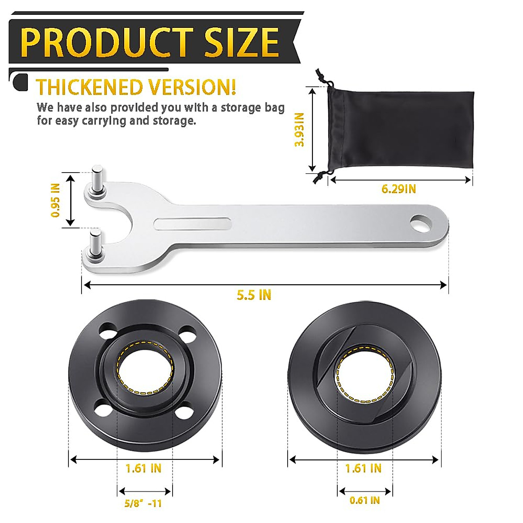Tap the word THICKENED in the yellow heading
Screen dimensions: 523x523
point(90,87)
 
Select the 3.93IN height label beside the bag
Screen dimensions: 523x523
point(299,129)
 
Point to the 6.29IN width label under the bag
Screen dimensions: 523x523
point(398,189)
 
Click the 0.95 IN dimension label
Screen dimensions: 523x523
point(55,200)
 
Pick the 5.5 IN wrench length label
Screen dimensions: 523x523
point(254,295)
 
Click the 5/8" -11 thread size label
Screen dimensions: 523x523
point(143,503)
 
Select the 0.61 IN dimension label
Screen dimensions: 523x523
point(364,500)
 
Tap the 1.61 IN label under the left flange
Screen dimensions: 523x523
point(143,469)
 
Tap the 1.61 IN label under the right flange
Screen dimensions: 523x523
point(363,469)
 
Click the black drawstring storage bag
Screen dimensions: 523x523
point(401,131)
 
